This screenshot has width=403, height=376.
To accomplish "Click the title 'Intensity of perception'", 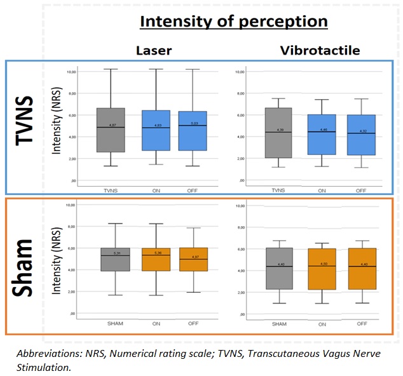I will click(233, 22).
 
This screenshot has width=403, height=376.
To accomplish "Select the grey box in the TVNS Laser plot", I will click(111, 130).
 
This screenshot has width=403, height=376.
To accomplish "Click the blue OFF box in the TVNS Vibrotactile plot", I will click(360, 135).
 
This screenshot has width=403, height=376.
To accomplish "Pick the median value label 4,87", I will click(112, 125).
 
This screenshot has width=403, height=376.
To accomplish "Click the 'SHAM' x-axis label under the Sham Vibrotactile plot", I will click(280, 323).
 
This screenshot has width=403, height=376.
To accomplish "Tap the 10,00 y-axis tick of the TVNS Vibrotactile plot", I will click(240, 72).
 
